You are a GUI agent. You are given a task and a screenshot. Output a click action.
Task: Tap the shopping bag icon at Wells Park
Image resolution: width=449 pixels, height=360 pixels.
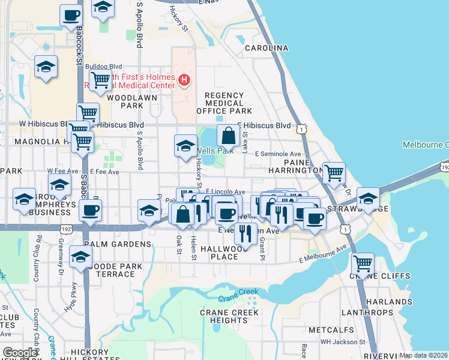point(229,135)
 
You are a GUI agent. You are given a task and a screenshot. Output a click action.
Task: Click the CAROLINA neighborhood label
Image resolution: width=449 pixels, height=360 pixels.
point(267,48)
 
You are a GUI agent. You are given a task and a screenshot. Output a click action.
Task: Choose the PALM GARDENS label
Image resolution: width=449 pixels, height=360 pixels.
point(118,244)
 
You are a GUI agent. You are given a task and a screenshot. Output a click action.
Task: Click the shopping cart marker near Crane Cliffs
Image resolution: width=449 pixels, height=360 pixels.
point(363,263)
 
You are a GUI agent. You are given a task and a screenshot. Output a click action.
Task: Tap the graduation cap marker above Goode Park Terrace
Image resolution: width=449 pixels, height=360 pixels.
point(80,257)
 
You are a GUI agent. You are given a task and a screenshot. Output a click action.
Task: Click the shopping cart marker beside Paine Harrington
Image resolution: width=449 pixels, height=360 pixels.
point(334,173)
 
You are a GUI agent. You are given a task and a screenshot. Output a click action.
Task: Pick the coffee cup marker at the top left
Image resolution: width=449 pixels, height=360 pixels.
point(71,15)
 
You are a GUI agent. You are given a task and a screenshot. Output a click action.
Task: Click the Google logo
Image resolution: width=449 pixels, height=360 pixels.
point(20,353)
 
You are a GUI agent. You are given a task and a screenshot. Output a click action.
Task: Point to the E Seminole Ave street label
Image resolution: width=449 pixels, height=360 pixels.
point(277,154)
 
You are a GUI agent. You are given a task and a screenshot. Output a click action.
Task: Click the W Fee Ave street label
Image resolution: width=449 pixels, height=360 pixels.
point(63,171)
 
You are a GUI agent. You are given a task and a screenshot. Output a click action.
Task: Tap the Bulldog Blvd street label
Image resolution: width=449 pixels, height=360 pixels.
point(104,67)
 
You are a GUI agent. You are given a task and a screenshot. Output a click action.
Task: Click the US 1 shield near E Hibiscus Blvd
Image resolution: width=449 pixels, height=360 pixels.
point(301,128)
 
